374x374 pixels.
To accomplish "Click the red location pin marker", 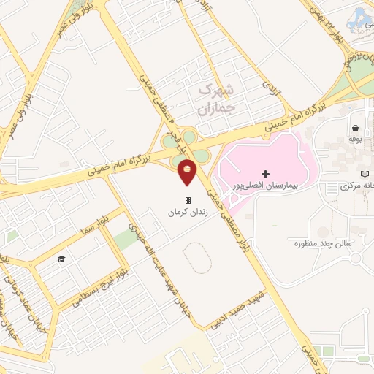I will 187,171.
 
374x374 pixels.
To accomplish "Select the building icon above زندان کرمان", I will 188,199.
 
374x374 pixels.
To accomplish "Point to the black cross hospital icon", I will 265,174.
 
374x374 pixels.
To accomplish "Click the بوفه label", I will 356,138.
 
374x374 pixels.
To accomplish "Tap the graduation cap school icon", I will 62,259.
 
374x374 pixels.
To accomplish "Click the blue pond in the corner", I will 361,18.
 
